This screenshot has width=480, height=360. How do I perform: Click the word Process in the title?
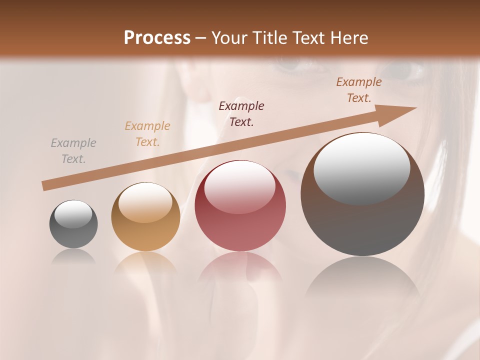[157, 38]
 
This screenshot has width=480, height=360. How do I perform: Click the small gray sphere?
[73, 224]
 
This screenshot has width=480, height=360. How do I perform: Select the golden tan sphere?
[145, 217]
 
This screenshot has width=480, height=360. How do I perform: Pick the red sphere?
[240, 206]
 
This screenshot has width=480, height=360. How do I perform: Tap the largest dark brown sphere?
[362, 194]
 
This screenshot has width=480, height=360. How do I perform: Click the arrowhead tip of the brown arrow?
[414, 108]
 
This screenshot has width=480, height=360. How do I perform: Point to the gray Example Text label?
[73, 151]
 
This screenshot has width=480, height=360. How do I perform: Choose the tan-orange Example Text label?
[147, 134]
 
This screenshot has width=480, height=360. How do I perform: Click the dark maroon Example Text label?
[241, 114]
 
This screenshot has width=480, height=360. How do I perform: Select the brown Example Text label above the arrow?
[359, 90]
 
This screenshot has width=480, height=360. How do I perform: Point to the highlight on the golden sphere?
[145, 202]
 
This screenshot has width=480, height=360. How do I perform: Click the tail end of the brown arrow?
[45, 186]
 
